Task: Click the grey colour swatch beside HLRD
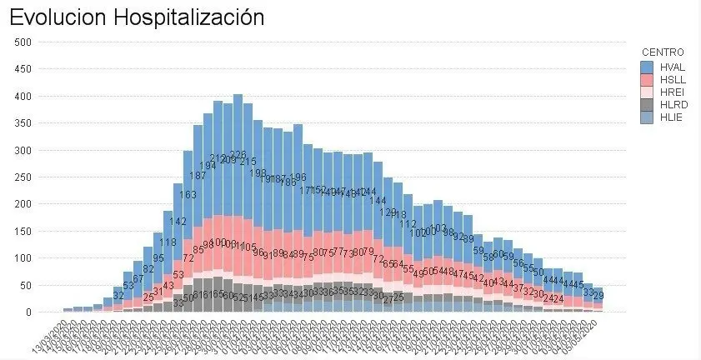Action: point(647,105)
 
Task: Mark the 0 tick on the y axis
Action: point(28,312)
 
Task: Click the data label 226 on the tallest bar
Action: point(238,156)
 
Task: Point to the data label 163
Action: point(188,195)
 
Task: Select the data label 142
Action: point(178,222)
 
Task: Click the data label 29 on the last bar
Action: point(598,296)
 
